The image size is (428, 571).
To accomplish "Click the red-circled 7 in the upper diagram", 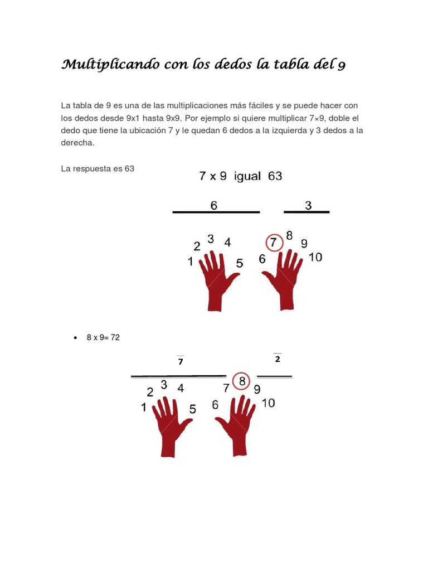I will pyautogui.click(x=274, y=243).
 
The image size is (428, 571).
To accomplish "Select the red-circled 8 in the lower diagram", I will pyautogui.click(x=242, y=382).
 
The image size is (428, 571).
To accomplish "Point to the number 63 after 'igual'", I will pyautogui.click(x=275, y=176).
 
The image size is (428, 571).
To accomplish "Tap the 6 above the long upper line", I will pyautogui.click(x=213, y=206).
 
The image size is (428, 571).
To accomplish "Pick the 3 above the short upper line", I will pyautogui.click(x=308, y=206).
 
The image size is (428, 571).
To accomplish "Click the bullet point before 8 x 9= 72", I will pyautogui.click(x=75, y=338).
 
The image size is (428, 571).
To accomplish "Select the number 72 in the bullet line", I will pyautogui.click(x=115, y=337).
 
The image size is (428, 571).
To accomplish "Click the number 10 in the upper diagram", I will pyautogui.click(x=315, y=258).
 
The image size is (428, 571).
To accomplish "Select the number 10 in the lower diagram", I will pyautogui.click(x=268, y=403).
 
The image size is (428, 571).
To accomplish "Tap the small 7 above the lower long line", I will pyautogui.click(x=180, y=362).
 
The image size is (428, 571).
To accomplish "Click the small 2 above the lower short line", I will pyautogui.click(x=277, y=359).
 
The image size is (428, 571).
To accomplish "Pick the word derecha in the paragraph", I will pyautogui.click(x=77, y=143).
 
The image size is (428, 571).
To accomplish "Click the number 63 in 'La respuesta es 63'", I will pyautogui.click(x=129, y=168).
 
